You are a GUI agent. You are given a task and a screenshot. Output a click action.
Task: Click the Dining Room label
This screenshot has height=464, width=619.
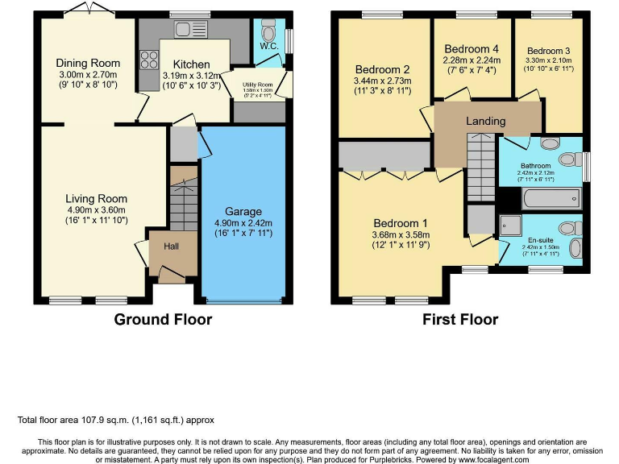(88, 63)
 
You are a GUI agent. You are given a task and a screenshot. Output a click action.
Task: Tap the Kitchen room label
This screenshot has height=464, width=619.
(191, 64)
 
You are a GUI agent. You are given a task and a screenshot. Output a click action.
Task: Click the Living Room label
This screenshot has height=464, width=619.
(97, 198)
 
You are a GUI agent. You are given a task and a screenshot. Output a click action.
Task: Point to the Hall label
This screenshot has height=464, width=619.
(172, 246)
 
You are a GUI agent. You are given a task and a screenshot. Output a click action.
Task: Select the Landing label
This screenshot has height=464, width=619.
(486, 122)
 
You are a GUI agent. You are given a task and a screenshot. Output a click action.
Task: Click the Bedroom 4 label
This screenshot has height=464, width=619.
(472, 48)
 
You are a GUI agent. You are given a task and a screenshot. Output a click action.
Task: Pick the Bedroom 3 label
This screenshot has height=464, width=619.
(549, 51)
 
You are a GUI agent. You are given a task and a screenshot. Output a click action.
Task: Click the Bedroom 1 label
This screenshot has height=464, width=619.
(400, 223)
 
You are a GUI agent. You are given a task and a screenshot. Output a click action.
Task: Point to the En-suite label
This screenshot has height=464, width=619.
(541, 239)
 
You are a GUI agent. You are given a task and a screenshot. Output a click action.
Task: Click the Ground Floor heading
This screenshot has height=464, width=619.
(163, 320)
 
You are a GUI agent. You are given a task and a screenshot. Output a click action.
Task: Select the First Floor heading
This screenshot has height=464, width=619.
(460, 320)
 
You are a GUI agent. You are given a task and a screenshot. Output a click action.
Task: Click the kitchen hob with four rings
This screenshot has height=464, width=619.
(149, 59)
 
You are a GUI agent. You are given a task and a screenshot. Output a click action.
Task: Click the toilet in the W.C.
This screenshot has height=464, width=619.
(269, 29)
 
